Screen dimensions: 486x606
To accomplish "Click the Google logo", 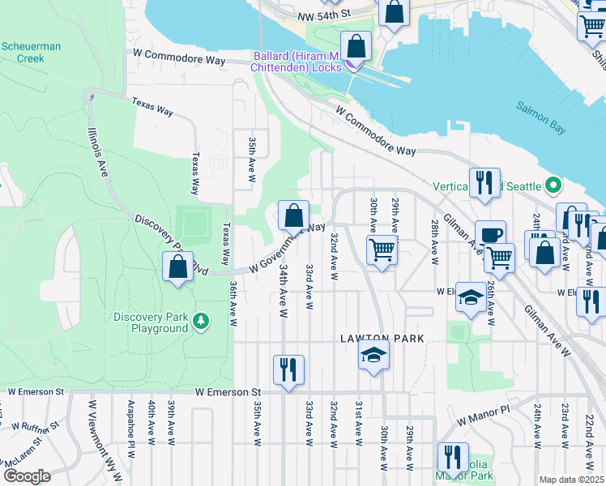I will [27, 476].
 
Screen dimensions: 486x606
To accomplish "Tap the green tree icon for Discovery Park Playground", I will [200, 322].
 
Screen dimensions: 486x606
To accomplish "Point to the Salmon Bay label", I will [544, 107].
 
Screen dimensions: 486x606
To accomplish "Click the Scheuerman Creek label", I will [30, 53].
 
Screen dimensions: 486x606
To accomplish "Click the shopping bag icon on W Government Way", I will [293, 215].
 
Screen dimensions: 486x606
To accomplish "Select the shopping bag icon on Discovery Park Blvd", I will [177, 266].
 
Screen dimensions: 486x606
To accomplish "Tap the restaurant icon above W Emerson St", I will [288, 369].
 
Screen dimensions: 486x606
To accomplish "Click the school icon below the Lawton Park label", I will [373, 355].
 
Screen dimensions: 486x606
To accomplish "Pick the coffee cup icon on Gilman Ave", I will [490, 235].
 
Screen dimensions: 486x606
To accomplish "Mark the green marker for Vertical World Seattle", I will [554, 185].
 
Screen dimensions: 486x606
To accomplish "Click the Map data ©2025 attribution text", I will [570, 480].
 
